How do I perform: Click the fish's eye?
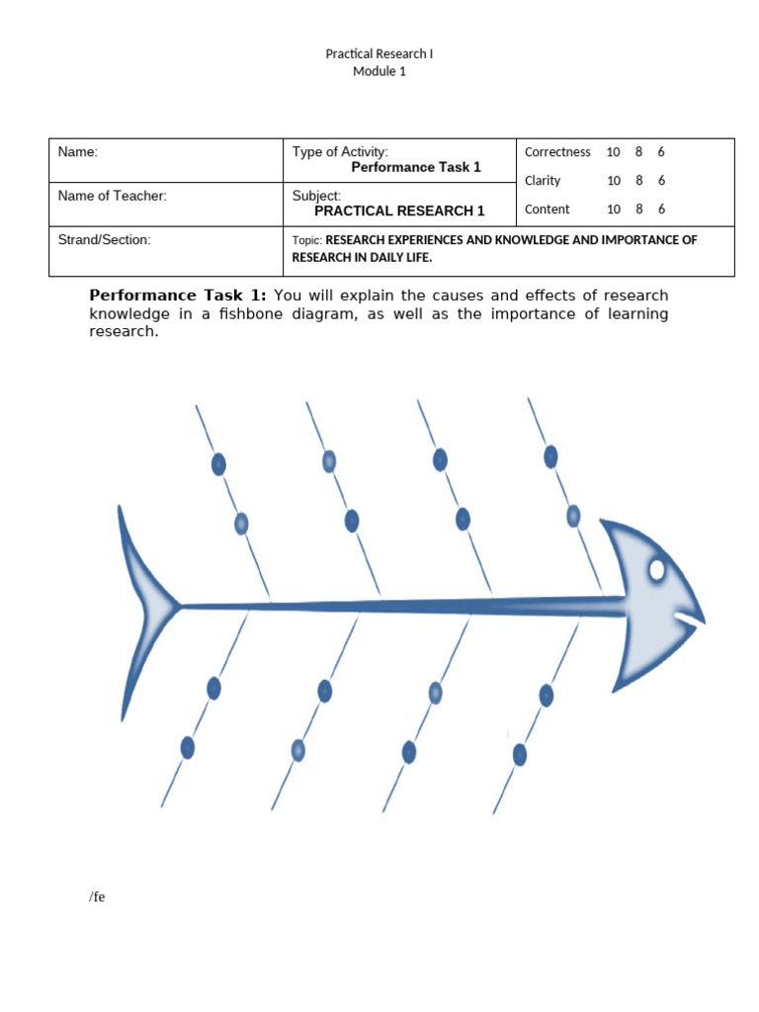[x=657, y=569]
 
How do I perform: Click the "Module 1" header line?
[x=379, y=71]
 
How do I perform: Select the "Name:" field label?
[x=78, y=152]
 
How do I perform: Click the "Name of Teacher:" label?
[x=113, y=196]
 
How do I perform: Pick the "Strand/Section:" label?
[x=105, y=240]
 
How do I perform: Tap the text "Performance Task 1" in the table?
[x=416, y=167]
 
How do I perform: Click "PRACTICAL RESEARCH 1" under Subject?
[x=399, y=211]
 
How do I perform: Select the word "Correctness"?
[x=557, y=152]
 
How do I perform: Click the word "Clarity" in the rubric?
[x=543, y=181]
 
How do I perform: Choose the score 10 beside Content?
[x=614, y=210]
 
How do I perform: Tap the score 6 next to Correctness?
[x=661, y=152]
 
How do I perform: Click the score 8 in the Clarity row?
[x=639, y=181]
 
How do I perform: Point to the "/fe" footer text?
[x=97, y=897]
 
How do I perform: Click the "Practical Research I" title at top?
[x=379, y=53]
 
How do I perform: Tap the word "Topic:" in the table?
[x=307, y=240]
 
